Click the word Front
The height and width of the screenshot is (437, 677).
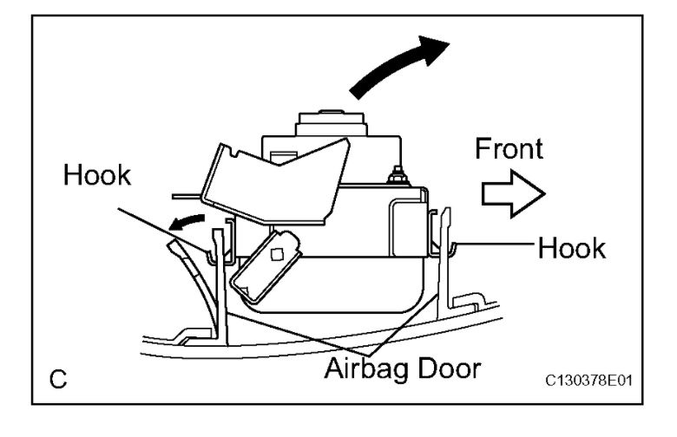(x=509, y=148)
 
